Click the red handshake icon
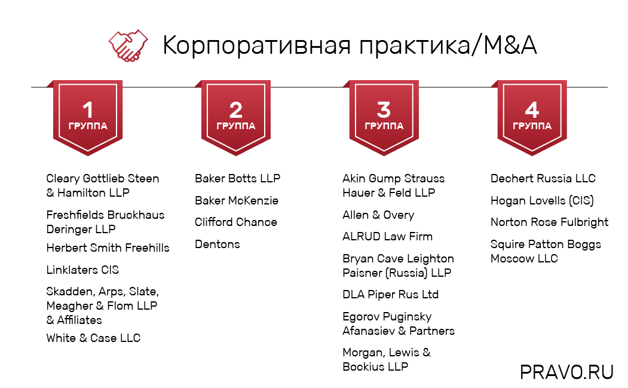click(127, 45)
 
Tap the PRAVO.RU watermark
click(566, 372)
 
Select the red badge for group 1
click(88, 117)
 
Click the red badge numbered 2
click(235, 117)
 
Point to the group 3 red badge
click(384, 117)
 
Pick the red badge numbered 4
click(532, 117)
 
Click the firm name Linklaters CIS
click(82, 270)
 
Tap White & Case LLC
click(93, 338)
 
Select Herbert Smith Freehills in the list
click(108, 248)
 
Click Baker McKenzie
click(237, 200)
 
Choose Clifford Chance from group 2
click(236, 222)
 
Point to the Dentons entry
click(217, 244)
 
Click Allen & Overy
click(378, 215)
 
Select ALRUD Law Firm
click(387, 236)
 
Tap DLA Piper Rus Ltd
click(390, 294)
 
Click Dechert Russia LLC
click(543, 178)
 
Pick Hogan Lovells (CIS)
click(542, 200)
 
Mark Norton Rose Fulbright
click(549, 222)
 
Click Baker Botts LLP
click(237, 178)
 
